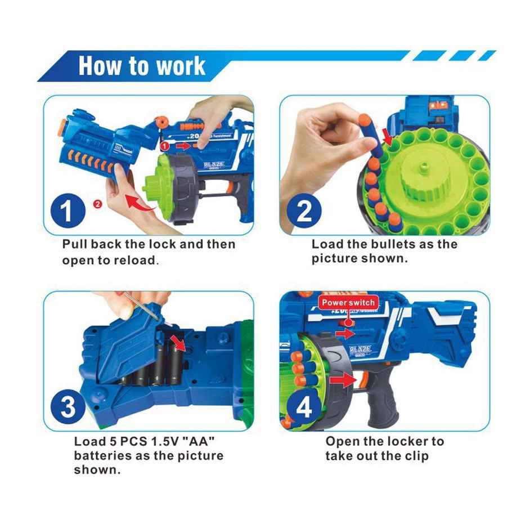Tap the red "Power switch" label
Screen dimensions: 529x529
348,303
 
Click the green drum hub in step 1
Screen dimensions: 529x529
157,184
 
